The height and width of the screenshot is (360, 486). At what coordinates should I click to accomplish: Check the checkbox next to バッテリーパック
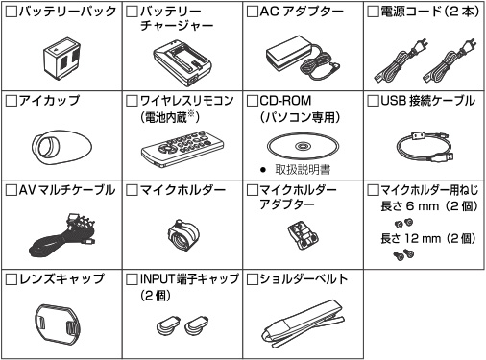[x=12, y=12]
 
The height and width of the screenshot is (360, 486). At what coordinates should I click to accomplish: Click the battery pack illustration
[x=61, y=59]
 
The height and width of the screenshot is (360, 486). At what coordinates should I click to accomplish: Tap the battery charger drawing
[x=182, y=62]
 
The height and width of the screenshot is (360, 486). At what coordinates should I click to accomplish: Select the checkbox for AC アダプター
[x=253, y=12]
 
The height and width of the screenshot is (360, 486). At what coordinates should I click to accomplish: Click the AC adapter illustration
[x=303, y=58]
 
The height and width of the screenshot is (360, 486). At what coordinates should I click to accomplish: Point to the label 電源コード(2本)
[x=430, y=12]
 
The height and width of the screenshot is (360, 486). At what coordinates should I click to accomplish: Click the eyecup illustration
[x=61, y=147]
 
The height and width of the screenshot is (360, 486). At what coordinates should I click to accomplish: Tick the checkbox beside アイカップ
[x=12, y=101]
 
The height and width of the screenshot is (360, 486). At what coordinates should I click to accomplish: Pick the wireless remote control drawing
[x=182, y=148]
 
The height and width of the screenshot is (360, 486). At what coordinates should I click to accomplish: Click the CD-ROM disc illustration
[x=303, y=147]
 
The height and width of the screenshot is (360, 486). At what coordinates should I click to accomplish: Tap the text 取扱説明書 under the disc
[x=303, y=170]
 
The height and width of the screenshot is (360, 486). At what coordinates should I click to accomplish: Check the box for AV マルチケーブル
[x=12, y=190]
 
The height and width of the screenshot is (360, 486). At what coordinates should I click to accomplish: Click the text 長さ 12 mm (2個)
[x=428, y=238]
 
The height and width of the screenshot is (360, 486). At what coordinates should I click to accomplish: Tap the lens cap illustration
[x=58, y=323]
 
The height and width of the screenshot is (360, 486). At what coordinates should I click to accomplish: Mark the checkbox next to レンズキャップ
[x=12, y=279]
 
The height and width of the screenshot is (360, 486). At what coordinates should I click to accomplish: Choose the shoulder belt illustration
[x=303, y=324]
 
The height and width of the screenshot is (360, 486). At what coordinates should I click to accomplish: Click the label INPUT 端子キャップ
[x=189, y=279]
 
